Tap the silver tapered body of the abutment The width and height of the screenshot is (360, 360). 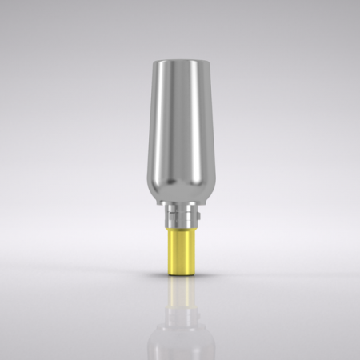click(180, 128)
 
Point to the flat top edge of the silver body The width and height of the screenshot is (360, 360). click(180, 62)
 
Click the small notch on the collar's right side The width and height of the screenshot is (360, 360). click(193, 217)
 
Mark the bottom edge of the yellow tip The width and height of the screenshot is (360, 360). click(179, 273)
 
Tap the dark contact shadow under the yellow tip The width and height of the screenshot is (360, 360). click(179, 276)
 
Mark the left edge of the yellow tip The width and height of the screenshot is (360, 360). click(166, 252)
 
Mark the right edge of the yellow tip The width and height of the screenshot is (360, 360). click(193, 252)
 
